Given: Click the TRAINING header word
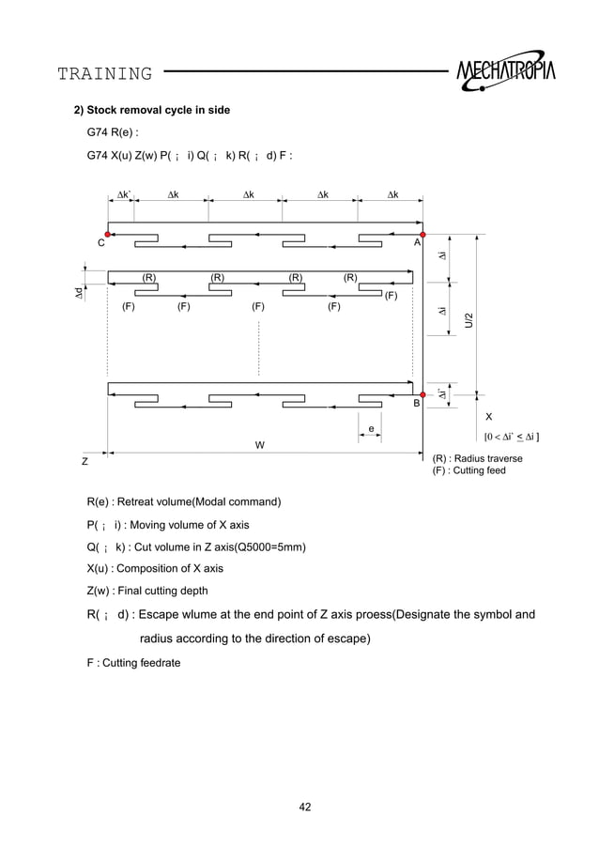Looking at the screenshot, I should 104,73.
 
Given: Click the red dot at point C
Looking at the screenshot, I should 109,234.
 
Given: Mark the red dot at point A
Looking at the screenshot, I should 422,234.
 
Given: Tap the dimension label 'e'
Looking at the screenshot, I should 371,429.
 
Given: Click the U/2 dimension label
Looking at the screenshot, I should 468,319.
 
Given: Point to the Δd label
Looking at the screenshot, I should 80,293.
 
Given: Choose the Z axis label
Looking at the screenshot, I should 84,462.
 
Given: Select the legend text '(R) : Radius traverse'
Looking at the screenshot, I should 477,458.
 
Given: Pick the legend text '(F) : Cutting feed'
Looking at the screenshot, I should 468,470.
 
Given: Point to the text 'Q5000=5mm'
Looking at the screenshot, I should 275,547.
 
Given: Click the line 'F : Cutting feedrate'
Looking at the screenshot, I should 133,663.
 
